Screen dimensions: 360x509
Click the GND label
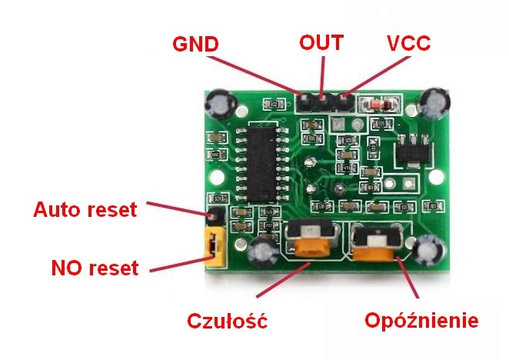pos(196,44)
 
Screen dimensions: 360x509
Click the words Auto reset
pos(85,208)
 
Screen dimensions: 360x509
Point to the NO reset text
pos(95,268)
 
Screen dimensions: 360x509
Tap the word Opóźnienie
pos(421,319)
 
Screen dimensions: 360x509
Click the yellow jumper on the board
pos(211,244)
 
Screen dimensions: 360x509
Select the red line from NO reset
pos(177,264)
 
